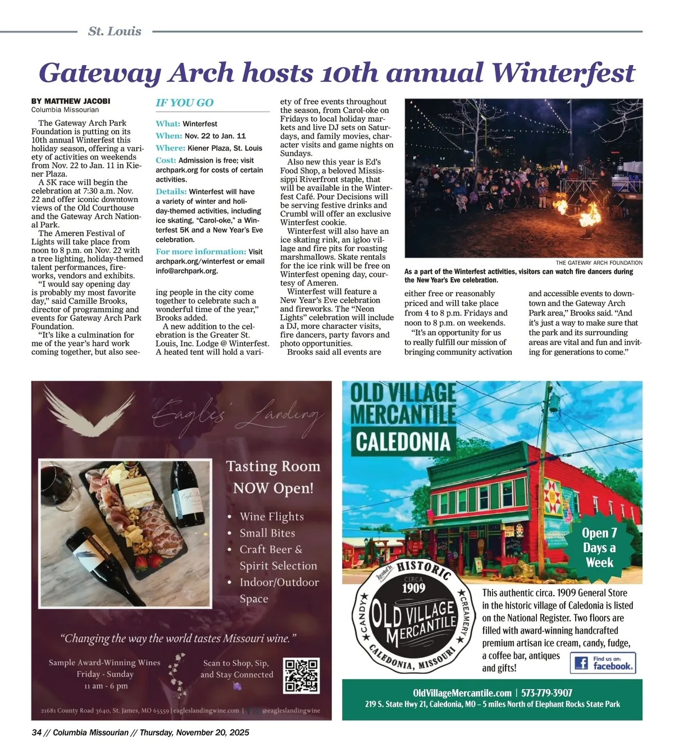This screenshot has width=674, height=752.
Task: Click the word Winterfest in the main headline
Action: tap(563, 73)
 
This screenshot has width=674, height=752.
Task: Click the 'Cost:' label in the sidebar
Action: tap(166, 161)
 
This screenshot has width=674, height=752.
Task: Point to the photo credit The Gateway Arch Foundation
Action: tap(599, 263)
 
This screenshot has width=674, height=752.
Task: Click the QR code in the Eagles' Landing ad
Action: tap(302, 675)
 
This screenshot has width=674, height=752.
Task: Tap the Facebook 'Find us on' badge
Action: tap(603, 663)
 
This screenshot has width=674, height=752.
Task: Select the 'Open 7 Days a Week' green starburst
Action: tap(599, 548)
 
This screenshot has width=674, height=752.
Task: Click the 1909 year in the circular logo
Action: tap(413, 588)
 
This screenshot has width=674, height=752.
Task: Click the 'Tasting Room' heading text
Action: tap(273, 466)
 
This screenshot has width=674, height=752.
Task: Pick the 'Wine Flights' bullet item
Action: tap(271, 516)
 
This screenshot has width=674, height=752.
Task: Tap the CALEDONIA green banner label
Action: tap(403, 442)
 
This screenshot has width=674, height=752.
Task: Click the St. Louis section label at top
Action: tap(115, 31)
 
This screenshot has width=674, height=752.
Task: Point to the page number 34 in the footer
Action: tap(37, 732)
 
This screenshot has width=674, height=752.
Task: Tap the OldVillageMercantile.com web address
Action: tap(462, 693)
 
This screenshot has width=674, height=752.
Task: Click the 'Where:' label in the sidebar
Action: tap(170, 148)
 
